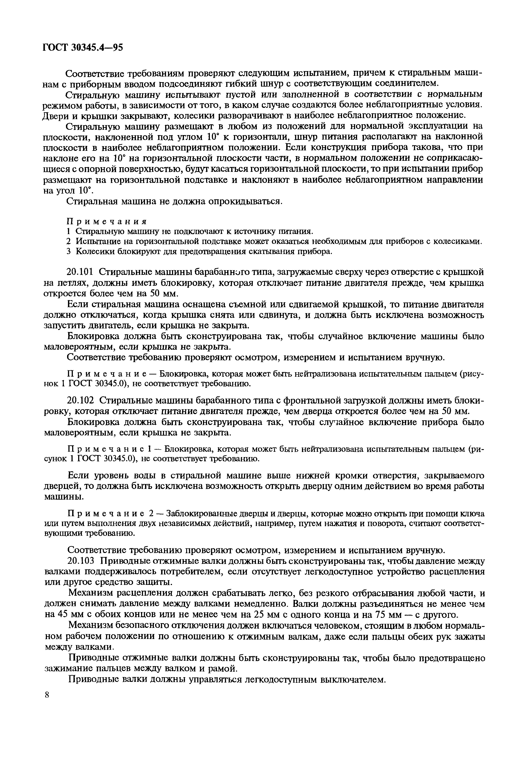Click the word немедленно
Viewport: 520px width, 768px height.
(x=262, y=604)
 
